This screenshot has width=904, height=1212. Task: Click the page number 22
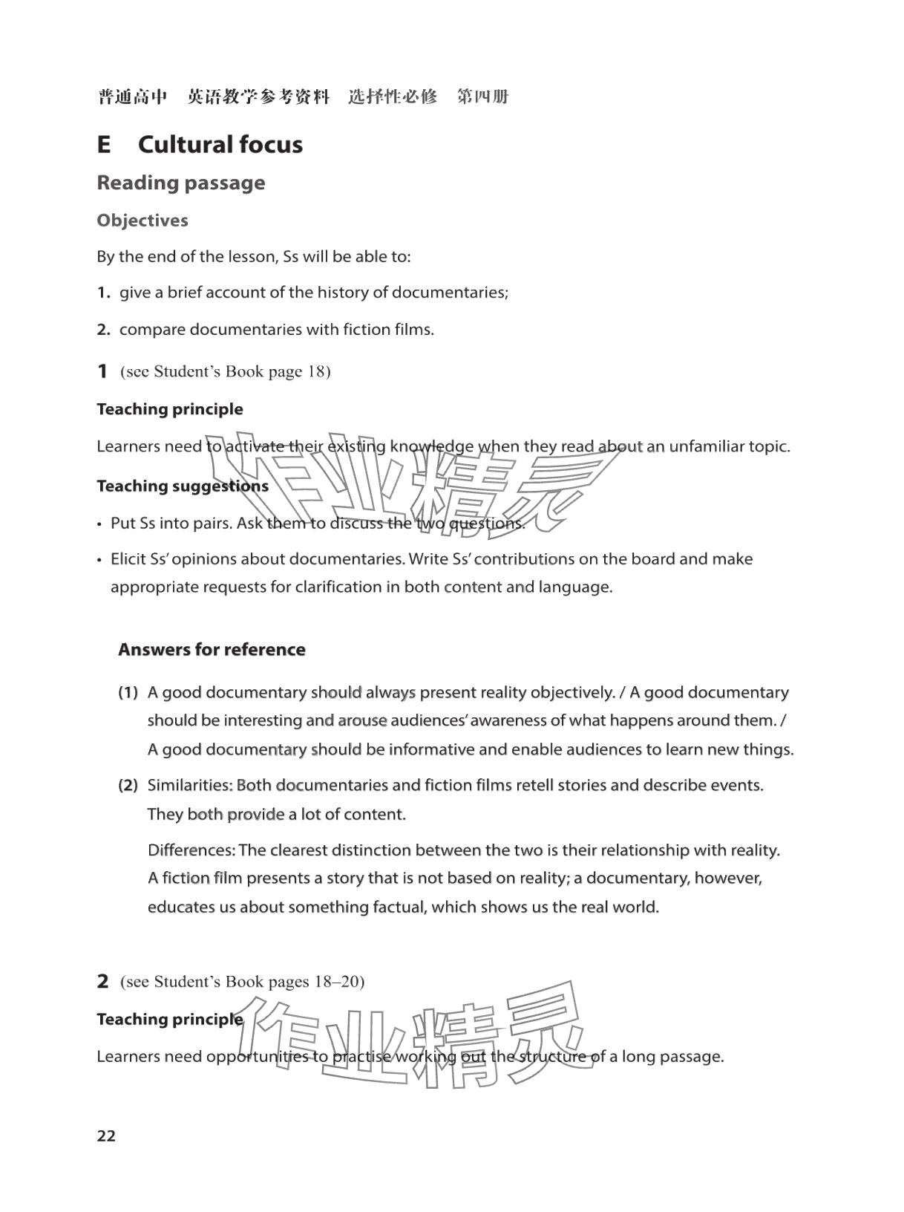pos(106,1136)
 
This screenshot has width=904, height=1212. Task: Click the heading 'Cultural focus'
pos(220,144)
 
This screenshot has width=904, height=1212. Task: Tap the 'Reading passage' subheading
pos(180,183)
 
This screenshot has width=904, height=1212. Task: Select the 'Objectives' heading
pos(143,221)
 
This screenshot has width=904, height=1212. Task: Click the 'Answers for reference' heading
pos(212,650)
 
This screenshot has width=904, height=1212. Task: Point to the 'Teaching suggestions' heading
pos(183,486)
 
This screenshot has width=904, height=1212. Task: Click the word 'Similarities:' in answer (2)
pos(190,785)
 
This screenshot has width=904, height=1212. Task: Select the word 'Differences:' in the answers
pos(191,850)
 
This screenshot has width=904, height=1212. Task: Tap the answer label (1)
pos(128,693)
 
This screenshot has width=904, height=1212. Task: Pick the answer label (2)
pos(128,785)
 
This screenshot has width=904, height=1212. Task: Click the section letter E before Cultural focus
pos(104,144)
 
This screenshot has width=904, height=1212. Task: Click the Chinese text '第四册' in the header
pos(482,97)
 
